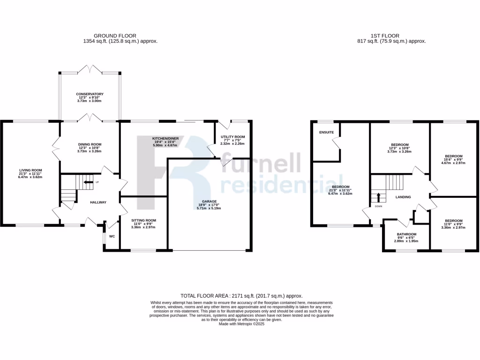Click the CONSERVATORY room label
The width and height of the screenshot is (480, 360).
click(x=90, y=94)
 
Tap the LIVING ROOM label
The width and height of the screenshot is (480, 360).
click(x=31, y=170)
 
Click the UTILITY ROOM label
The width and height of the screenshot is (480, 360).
click(x=232, y=137)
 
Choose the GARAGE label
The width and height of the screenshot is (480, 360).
click(x=209, y=201)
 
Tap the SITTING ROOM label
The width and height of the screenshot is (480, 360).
click(x=143, y=220)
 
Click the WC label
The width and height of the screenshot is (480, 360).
click(x=112, y=236)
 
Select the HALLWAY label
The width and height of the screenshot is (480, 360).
click(x=98, y=202)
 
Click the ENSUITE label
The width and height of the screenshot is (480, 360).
click(x=326, y=132)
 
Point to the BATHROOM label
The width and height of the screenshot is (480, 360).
click(x=406, y=234)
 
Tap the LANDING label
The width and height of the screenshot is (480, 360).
click(x=403, y=197)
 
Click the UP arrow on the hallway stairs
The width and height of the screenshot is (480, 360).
click(x=87, y=182)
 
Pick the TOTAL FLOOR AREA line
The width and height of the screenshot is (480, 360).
click(x=241, y=296)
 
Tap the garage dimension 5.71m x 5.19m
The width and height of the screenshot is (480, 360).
click(x=209, y=208)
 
